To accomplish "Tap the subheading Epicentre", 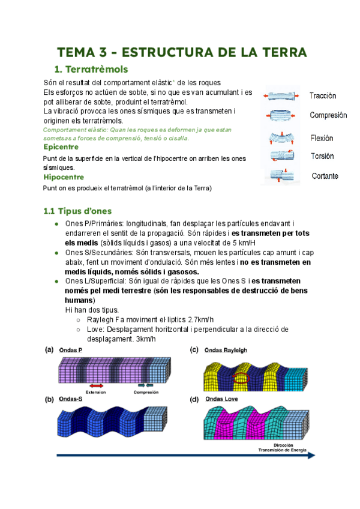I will (61, 146).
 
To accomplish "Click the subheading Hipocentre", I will (64, 177).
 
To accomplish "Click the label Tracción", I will (322, 96).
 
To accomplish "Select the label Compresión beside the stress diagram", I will (328, 115).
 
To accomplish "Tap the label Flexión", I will (322, 138).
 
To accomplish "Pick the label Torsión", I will (322, 156).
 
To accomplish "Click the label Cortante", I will (325, 176).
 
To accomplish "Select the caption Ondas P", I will (72, 351).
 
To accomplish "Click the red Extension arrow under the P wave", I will (96, 385).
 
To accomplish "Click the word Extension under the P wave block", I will (96, 392).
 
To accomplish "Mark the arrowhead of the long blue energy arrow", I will (311, 456).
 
